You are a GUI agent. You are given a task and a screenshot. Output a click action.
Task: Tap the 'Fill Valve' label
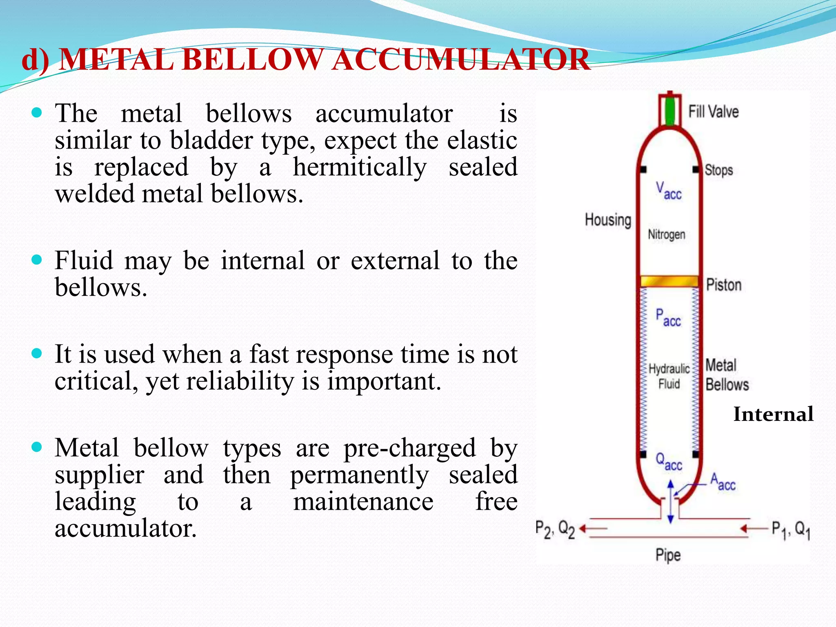(713, 111)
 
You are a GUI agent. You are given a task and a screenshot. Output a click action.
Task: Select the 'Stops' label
(718, 170)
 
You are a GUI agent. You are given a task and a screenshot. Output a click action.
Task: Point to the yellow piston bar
(669, 281)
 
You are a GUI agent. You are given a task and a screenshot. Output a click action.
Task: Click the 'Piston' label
(723, 285)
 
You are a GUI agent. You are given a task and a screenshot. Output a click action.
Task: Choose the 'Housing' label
(608, 220)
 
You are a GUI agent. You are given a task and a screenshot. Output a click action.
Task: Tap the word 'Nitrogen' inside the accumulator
(666, 234)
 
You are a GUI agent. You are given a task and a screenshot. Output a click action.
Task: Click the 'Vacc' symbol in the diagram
(668, 191)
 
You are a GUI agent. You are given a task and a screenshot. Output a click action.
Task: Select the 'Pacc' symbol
(668, 318)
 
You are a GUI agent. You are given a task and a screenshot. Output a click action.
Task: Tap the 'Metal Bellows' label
(727, 375)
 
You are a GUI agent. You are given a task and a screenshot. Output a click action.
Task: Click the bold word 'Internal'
(773, 414)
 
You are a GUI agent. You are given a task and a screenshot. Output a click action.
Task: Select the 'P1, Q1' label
(790, 530)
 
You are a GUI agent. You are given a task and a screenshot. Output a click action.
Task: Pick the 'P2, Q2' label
(555, 529)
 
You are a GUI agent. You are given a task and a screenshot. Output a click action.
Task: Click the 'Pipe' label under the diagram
(668, 555)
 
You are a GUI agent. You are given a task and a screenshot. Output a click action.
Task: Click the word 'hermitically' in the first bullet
(360, 167)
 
